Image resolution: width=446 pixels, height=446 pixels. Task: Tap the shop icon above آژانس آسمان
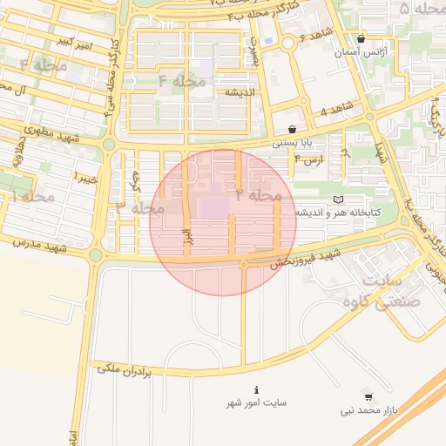click(x=362, y=38)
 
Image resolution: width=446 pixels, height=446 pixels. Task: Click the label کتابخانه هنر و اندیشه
click(x=336, y=213)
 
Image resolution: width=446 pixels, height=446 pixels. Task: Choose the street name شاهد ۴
click(x=335, y=109)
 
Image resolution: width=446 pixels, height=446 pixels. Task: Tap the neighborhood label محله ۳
click(x=139, y=208)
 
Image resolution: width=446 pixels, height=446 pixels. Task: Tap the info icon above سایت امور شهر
click(x=255, y=389)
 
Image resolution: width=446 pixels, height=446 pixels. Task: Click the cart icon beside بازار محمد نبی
click(x=368, y=396)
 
